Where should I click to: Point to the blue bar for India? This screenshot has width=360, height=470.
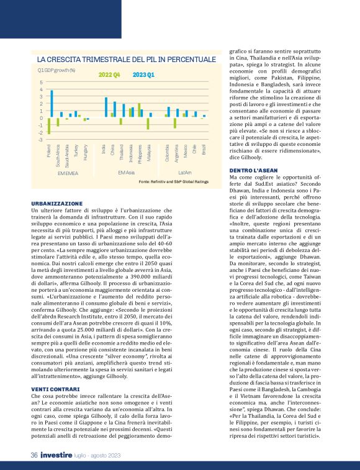tap(106, 107)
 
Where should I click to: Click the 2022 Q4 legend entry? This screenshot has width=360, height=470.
tap(109, 75)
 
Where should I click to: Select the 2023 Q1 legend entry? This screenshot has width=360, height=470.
tap(143, 75)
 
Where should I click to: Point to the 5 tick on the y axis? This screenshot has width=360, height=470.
tap(41, 83)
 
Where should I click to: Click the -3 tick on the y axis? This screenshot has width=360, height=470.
tap(40, 139)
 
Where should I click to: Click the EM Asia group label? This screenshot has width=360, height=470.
tap(126, 172)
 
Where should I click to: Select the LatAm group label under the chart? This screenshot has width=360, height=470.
tap(185, 172)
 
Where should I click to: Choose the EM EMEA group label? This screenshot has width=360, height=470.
tap(68, 172)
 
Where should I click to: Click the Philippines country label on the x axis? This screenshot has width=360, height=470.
tap(141, 154)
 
